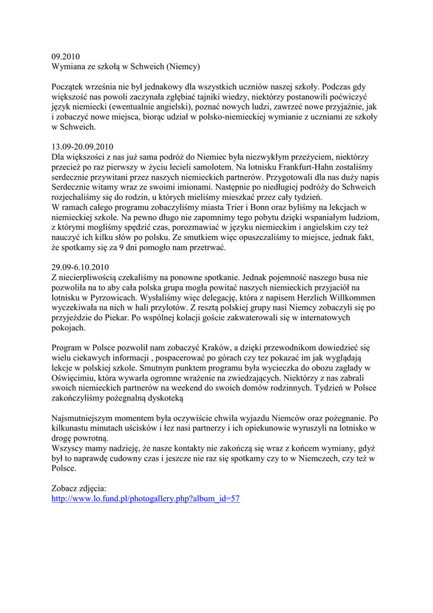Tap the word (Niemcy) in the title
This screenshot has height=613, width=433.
[x=183, y=66]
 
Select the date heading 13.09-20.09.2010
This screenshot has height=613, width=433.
[x=83, y=147]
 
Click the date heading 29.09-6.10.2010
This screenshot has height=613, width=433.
[x=80, y=267]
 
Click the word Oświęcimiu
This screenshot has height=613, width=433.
[x=77, y=378]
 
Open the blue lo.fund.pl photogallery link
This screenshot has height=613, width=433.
[x=146, y=499]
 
